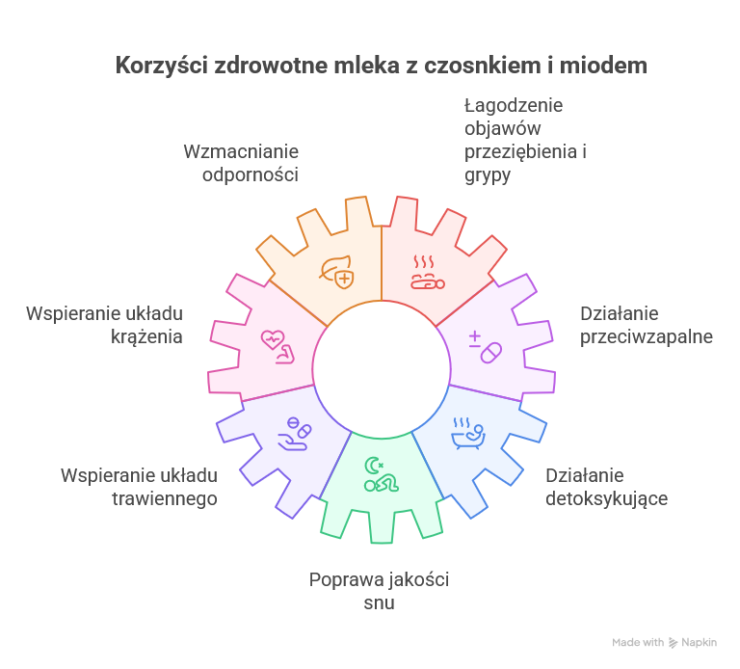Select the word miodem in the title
pyautogui.click(x=603, y=66)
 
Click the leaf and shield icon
pyautogui.click(x=336, y=272)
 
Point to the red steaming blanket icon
pyautogui.click(x=427, y=273)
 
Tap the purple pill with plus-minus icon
pyautogui.click(x=486, y=347)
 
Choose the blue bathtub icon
pyautogui.click(x=468, y=434)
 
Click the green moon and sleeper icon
pyautogui.click(x=381, y=474)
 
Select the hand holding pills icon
pyautogui.click(x=295, y=434)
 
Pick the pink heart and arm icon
pyautogui.click(x=277, y=347)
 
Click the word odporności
pyautogui.click(x=251, y=175)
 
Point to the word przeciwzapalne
pyautogui.click(x=647, y=337)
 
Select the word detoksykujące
pyautogui.click(x=606, y=499)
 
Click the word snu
pyautogui.click(x=379, y=603)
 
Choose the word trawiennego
pyautogui.click(x=164, y=499)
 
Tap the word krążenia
pyautogui.click(x=146, y=337)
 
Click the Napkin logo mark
pyautogui.click(x=674, y=643)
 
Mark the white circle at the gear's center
pyautogui.click(x=382, y=369)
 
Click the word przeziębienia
pyautogui.click(x=522, y=152)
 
